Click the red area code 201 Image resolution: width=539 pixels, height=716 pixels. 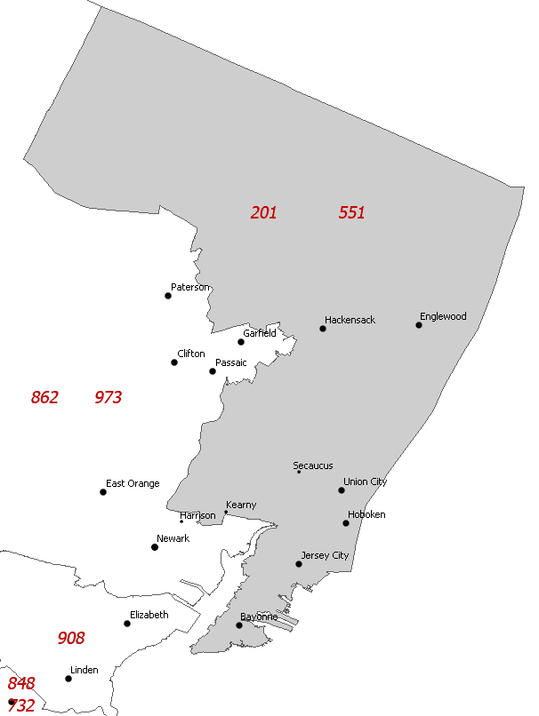click(263, 212)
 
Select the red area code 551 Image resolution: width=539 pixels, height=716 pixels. click(351, 212)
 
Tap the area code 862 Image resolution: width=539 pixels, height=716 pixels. click(44, 397)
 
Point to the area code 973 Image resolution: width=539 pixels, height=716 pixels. click(108, 397)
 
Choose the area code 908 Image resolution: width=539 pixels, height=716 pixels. click(71, 638)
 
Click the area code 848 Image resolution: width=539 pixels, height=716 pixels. click(21, 683)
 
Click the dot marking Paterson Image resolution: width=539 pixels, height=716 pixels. click(168, 296)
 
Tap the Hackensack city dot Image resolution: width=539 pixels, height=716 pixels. click(323, 329)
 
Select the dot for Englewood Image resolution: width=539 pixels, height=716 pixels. click(419, 325)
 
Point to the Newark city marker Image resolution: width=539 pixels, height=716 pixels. click(155, 547)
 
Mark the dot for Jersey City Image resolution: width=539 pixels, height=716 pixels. click(299, 564)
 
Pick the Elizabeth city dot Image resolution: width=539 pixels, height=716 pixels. click(127, 624)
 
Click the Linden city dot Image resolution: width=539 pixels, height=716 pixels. click(68, 679)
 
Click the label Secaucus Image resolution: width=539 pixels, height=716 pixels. click(313, 465)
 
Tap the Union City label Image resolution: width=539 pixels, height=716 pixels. click(365, 481)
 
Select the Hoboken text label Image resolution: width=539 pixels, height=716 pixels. click(366, 514)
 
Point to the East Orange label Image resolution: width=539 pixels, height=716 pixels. click(133, 483)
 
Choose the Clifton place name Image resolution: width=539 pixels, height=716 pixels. click(191, 354)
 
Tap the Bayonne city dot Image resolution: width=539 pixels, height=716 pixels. click(239, 625)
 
